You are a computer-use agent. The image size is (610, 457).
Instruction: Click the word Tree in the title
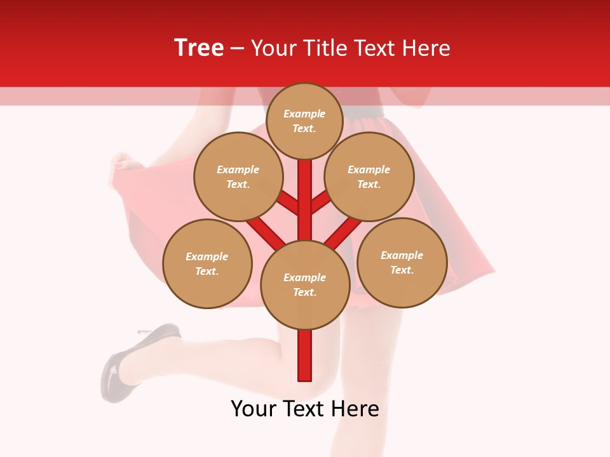point(199,48)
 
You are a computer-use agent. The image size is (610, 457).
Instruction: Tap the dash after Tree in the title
point(237,48)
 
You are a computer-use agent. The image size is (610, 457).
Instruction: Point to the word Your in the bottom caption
point(252,409)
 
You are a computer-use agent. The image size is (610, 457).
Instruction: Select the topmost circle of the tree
point(304,121)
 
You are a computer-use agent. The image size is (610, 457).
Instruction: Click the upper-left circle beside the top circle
point(238,176)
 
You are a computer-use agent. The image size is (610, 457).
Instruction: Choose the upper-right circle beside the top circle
point(369,176)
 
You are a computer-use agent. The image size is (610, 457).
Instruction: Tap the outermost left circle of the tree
point(207,263)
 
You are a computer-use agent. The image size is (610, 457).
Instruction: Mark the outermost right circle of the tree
point(402,262)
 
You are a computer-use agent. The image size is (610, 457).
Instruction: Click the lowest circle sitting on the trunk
point(305,284)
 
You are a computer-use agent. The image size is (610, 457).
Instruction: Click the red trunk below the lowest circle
point(305,355)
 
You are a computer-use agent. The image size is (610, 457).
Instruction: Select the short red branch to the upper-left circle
point(289,203)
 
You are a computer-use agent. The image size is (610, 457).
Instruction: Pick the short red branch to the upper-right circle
point(320,203)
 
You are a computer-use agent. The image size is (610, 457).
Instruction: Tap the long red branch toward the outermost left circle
point(266,232)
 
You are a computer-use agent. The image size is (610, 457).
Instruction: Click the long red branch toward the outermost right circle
point(344,232)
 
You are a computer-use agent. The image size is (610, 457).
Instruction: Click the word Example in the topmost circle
point(304,114)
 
